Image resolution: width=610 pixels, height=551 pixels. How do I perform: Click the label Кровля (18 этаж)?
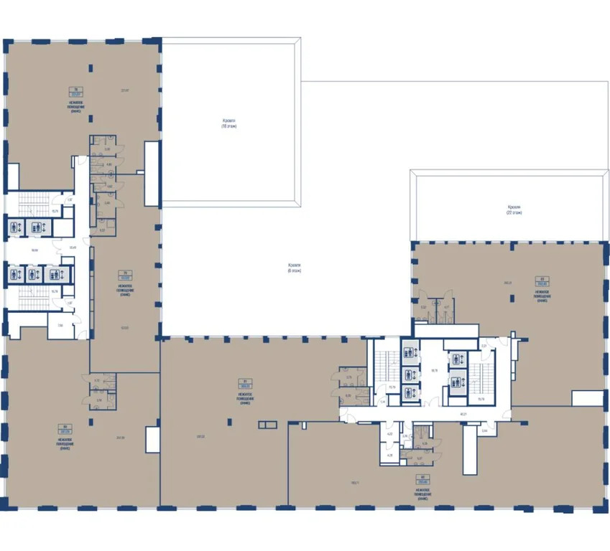click(228, 123)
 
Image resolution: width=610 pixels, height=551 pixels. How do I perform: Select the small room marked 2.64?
click(484, 430)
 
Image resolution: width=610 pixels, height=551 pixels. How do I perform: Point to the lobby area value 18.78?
click(433, 371)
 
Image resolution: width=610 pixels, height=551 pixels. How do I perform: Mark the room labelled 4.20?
click(389, 434)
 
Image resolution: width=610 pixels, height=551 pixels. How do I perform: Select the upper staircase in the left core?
click(30, 202)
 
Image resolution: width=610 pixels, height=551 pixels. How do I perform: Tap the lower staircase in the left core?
click(30, 297)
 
